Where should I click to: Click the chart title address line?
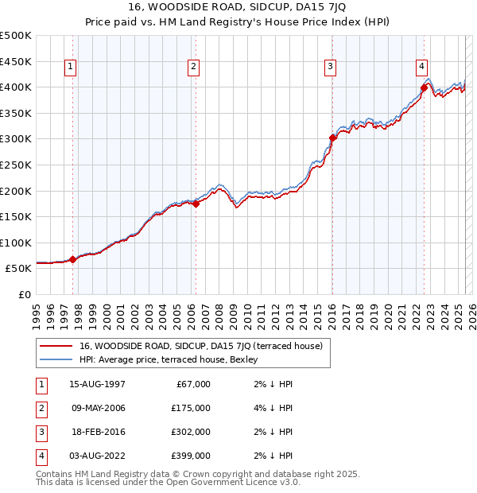pyautogui.click(x=238, y=6)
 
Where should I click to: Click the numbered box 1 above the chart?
pyautogui.click(x=72, y=67)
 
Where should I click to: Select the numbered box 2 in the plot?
pyautogui.click(x=194, y=67)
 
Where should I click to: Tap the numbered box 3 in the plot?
pyautogui.click(x=330, y=67)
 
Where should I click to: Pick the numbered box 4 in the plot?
pyautogui.click(x=421, y=67)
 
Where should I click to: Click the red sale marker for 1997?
pyautogui.click(x=72, y=259)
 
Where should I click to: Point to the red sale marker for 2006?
pyautogui.click(x=196, y=204)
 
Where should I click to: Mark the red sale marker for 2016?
pyautogui.click(x=333, y=138)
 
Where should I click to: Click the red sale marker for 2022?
pyautogui.click(x=424, y=87)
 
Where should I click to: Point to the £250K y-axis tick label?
pyautogui.click(x=16, y=165)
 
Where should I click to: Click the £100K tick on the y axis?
pyautogui.click(x=16, y=243)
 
